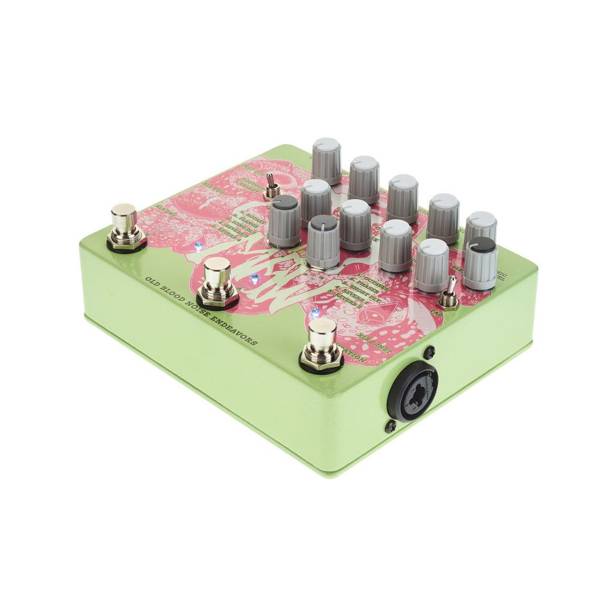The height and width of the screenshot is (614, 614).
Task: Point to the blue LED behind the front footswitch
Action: (315, 312)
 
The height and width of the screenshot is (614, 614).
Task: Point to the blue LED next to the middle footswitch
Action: (254, 280)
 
